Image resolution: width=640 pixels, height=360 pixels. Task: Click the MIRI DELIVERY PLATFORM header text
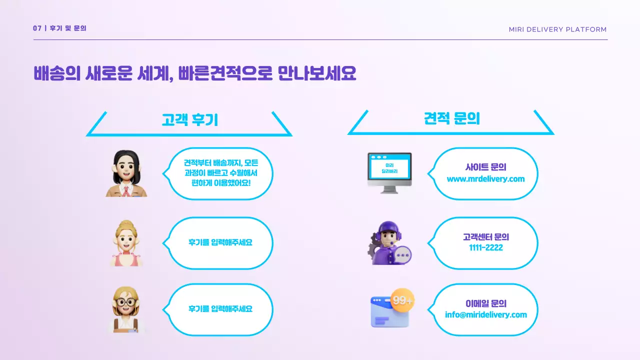[557, 29]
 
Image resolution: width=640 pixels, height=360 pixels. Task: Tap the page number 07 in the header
[37, 28]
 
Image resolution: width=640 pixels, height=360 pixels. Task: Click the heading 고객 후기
[189, 120]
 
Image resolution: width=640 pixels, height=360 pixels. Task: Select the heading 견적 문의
[451, 119]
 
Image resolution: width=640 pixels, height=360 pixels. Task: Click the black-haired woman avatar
[126, 173]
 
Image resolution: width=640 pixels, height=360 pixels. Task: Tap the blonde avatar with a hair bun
[126, 243]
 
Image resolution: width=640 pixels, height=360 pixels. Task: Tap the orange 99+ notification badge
[402, 300]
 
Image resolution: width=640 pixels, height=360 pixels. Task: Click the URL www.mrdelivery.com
[485, 179]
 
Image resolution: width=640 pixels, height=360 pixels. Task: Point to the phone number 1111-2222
[485, 248]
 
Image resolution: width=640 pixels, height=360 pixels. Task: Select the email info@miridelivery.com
[485, 315]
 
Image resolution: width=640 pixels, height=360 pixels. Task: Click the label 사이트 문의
[485, 168]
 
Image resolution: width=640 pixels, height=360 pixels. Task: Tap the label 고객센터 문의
[485, 237]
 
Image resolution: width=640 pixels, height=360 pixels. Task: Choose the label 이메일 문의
[485, 303]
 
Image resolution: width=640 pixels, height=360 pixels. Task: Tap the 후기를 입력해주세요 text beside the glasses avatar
[220, 309]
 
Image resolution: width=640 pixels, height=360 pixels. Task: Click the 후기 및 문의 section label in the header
[68, 28]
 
